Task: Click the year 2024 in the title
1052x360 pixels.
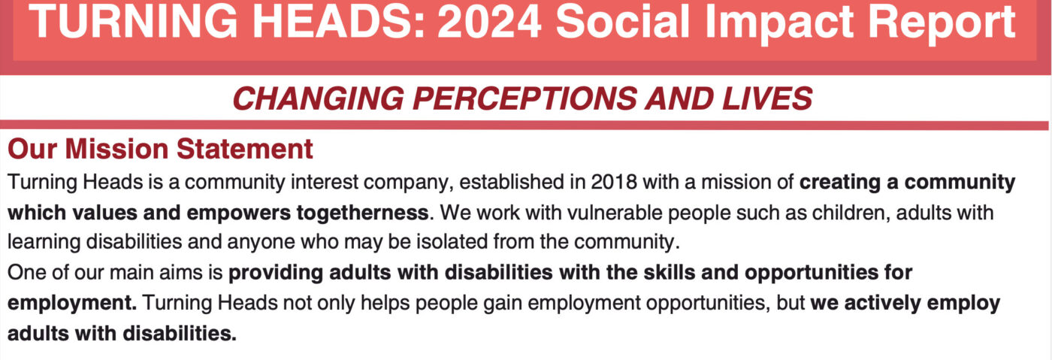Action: click(489, 22)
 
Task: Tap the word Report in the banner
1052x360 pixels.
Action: click(942, 23)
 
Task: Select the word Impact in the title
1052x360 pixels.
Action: click(778, 23)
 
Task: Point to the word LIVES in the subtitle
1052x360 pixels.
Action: click(767, 98)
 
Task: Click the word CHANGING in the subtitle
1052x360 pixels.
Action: click(318, 98)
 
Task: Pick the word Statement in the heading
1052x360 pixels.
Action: click(244, 149)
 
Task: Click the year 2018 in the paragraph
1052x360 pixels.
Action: click(613, 182)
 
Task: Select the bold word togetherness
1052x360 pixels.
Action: click(362, 213)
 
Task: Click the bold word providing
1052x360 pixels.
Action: click(276, 273)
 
